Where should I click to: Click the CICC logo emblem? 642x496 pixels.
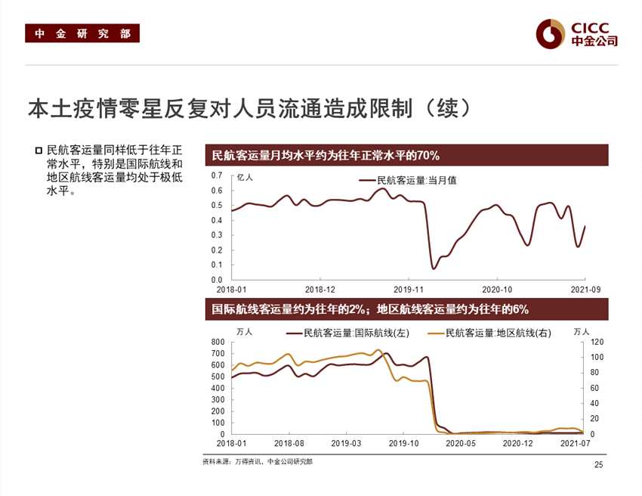(x=551, y=33)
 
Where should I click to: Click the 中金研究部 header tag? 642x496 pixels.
(x=82, y=34)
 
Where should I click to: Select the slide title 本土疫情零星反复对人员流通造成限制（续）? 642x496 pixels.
(x=250, y=108)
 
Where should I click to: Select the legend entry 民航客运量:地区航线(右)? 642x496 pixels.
(x=498, y=333)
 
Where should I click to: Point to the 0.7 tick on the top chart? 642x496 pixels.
(x=216, y=175)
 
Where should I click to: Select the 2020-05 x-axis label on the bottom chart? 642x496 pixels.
(x=460, y=444)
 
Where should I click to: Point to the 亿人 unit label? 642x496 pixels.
(x=245, y=178)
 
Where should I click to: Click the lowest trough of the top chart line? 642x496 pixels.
(x=434, y=268)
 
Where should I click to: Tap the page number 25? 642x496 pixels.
(x=599, y=464)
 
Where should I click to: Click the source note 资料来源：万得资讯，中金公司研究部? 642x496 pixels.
(x=258, y=461)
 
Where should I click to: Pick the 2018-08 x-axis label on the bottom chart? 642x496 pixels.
(x=288, y=444)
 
